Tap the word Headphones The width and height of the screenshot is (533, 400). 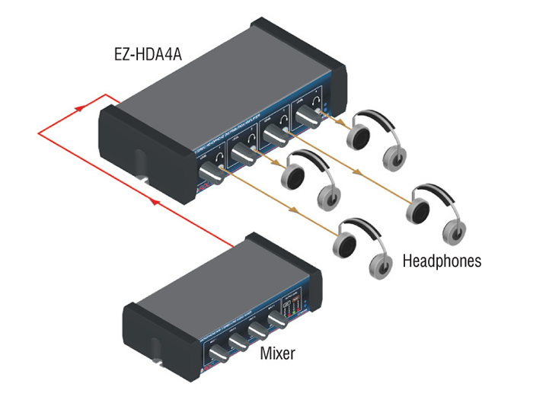442,261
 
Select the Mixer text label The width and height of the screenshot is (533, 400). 278,353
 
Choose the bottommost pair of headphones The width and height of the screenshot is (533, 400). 362,244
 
